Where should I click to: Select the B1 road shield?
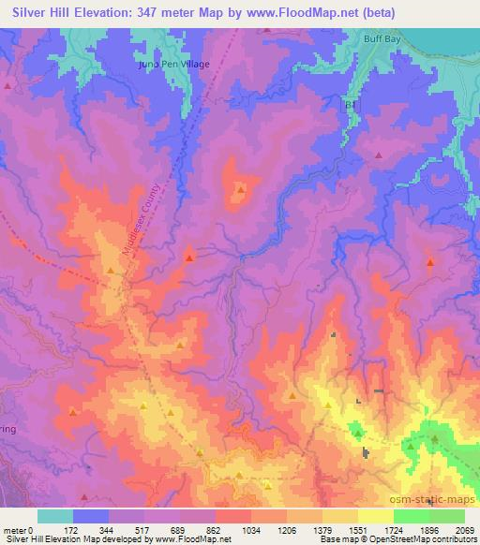[352, 108]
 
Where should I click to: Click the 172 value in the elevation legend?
[72, 529]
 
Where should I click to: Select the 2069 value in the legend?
[465, 529]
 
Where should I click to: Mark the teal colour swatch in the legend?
[54, 516]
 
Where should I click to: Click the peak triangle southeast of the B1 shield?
[379, 155]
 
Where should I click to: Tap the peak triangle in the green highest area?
[435, 438]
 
